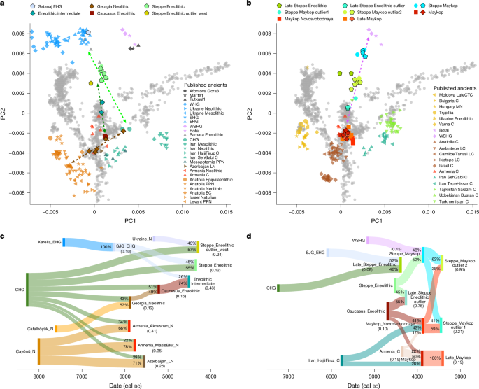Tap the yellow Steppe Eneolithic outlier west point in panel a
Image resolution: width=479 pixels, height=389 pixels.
pos(92,83)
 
